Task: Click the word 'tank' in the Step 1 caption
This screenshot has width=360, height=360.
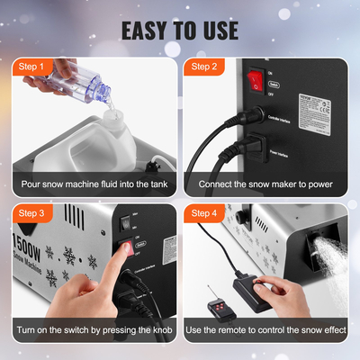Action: tap(151, 184)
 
